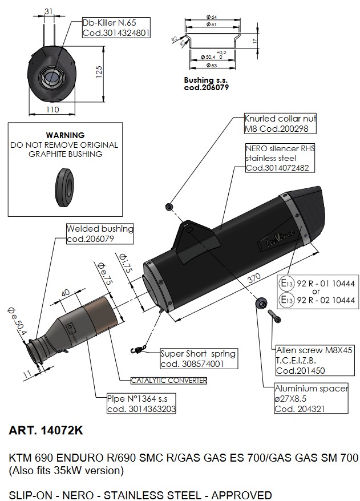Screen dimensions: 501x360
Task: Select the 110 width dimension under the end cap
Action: click(52, 108)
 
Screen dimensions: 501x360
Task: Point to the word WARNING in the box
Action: click(65, 135)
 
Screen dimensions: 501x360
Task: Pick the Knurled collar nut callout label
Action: click(280, 124)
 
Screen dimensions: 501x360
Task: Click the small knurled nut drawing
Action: click(169, 206)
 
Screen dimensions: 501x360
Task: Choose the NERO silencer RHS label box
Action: click(280, 158)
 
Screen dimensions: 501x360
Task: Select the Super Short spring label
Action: click(197, 358)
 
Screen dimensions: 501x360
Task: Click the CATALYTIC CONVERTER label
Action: click(168, 380)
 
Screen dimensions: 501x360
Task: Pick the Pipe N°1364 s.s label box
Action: click(141, 403)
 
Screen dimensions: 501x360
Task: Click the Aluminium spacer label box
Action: click(311, 399)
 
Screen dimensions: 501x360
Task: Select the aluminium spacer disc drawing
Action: click(261, 302)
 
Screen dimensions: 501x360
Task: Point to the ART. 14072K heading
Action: click(46, 431)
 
